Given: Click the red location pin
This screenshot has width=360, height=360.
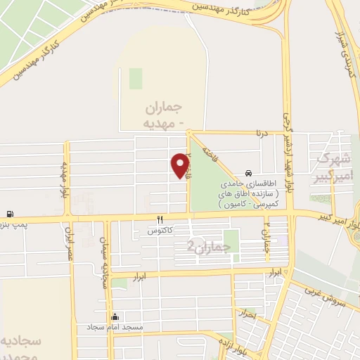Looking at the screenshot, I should coord(181,165).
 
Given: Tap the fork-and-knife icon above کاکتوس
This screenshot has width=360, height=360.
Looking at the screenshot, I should coord(160,220).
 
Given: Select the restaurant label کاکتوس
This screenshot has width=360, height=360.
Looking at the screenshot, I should coord(160,231).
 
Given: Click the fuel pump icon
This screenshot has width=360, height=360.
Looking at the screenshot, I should coord(9,214).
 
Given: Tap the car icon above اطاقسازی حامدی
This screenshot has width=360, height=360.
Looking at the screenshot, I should coord(249,173).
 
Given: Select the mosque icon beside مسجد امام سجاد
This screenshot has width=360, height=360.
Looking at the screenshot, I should coord(115,317).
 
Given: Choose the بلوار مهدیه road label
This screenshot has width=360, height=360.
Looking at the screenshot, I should coord(63,179).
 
